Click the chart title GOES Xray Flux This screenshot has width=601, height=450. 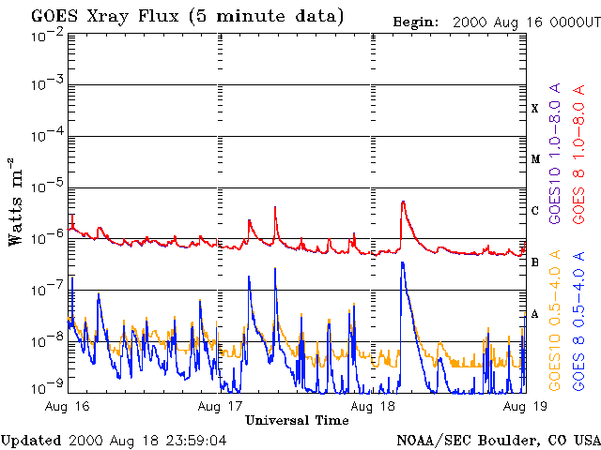105,17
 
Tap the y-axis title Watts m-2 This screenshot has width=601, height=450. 16,202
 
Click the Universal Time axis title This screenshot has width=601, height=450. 297,420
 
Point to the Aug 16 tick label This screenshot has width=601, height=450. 67,406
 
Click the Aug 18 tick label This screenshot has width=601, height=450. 373,406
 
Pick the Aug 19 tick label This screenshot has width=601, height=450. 526,406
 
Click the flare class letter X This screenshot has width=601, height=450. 535,109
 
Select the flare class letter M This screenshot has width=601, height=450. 535,159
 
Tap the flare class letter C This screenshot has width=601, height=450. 535,211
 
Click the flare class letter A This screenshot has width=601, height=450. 535,314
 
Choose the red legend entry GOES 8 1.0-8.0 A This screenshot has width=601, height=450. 578,154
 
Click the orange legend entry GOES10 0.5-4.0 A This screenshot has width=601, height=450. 555,321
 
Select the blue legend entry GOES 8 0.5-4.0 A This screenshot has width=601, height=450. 578,321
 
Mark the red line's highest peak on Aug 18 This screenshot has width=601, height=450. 403,202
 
